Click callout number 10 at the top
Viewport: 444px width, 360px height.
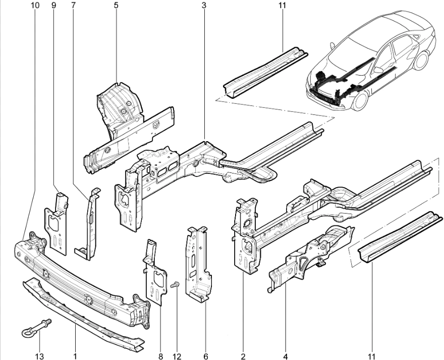point(34,5)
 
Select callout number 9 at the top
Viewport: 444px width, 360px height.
point(53,5)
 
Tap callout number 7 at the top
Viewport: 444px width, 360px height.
point(74,5)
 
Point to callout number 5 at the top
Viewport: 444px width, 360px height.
point(116,5)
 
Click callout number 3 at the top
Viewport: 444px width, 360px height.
point(203,5)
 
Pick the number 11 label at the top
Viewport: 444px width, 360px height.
point(282,5)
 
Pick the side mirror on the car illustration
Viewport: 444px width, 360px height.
point(377,70)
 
